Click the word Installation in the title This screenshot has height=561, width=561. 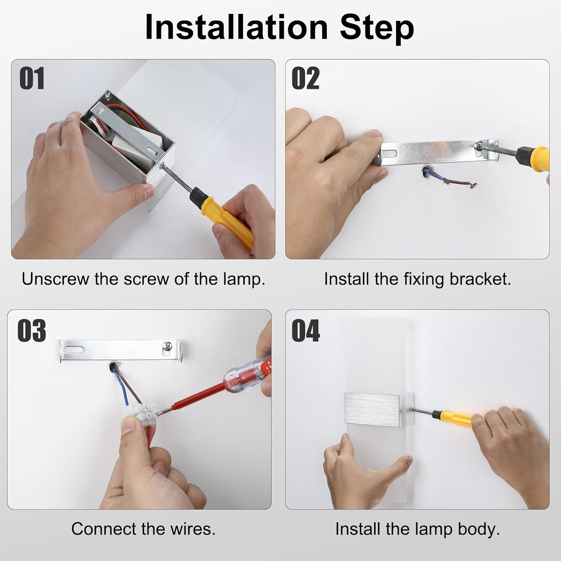click(236, 27)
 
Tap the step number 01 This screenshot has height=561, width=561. click(32, 79)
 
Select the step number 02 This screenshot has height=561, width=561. click(306, 79)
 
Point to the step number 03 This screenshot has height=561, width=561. click(32, 331)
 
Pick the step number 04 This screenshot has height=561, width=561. click(306, 331)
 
